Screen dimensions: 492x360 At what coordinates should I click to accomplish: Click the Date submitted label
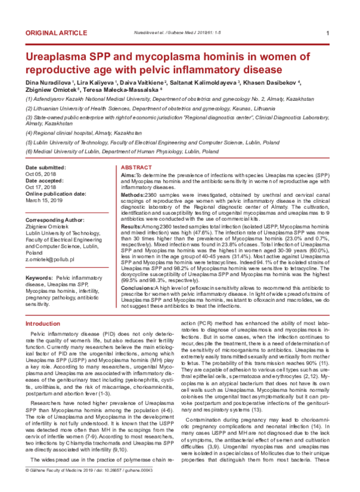[x=47, y=166]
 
